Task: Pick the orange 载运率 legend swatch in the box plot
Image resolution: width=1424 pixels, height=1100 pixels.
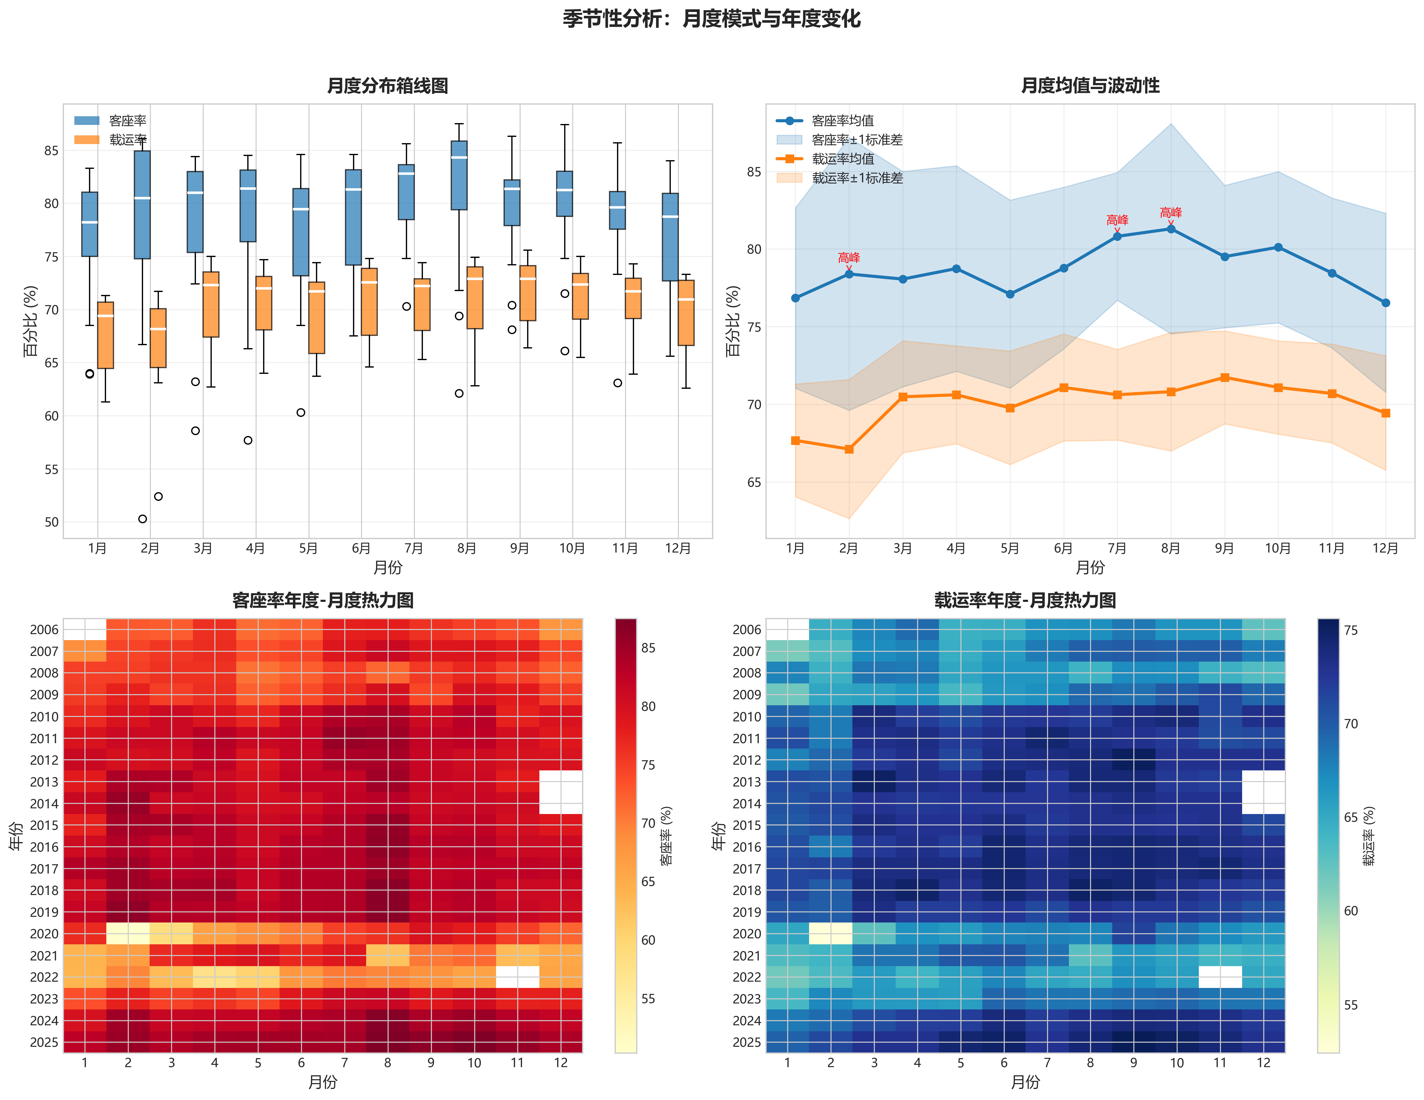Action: (87, 140)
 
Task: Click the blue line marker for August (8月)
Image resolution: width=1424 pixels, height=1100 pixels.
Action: (1171, 229)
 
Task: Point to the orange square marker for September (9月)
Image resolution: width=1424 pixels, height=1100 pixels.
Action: (1224, 378)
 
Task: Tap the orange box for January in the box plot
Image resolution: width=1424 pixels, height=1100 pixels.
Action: (106, 335)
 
